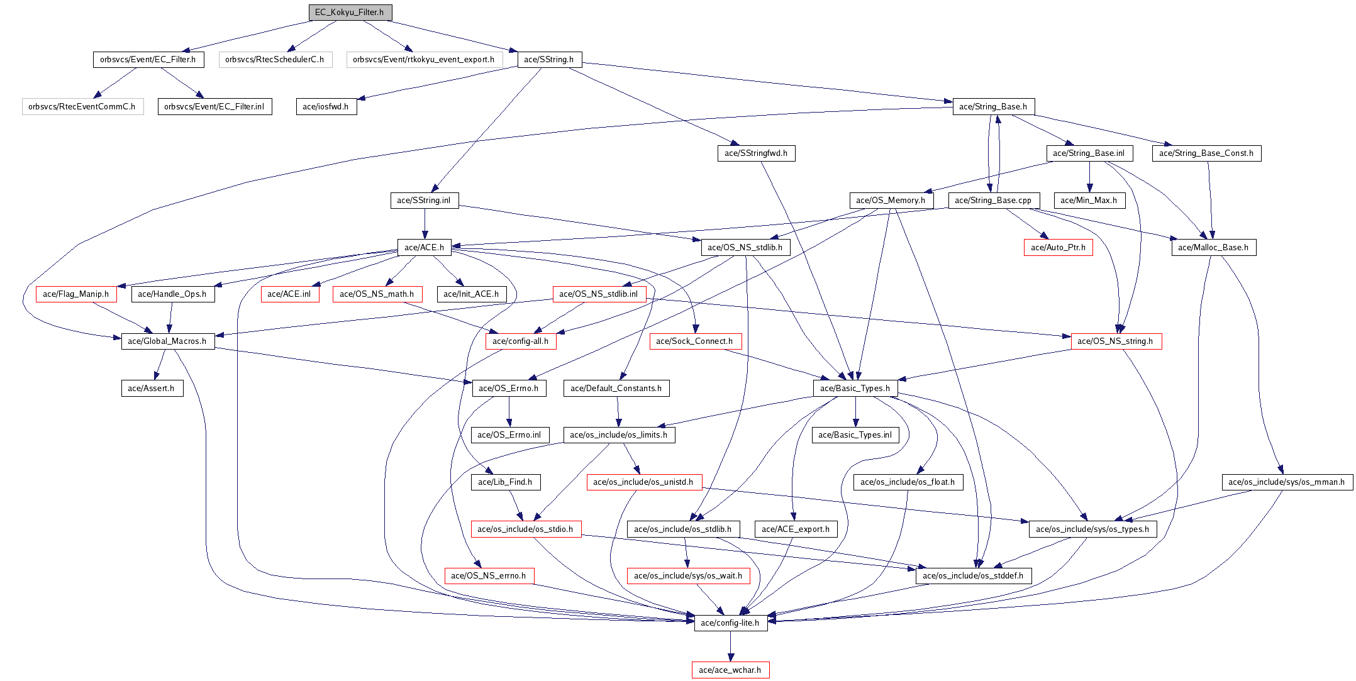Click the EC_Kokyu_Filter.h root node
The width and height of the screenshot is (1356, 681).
click(350, 12)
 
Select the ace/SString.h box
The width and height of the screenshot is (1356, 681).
click(549, 59)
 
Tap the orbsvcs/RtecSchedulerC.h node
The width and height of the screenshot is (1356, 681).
click(275, 59)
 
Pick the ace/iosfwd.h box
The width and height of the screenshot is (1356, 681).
click(326, 106)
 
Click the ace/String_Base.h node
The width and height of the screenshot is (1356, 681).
click(993, 106)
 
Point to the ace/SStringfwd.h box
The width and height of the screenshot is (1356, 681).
click(756, 153)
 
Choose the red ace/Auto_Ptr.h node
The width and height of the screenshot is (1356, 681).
click(1058, 247)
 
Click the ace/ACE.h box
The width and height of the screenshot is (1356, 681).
click(424, 247)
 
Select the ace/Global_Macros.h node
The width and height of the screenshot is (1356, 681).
click(167, 341)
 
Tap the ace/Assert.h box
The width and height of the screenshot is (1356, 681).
click(152, 388)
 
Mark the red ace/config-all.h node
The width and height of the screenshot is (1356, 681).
click(520, 341)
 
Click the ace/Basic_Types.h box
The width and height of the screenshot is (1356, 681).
click(855, 388)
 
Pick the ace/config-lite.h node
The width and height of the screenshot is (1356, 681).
click(730, 623)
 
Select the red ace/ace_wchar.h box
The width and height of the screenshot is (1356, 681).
click(730, 670)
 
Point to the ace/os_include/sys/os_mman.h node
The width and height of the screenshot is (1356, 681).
click(1286, 482)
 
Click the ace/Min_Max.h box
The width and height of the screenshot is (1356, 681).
click(1089, 200)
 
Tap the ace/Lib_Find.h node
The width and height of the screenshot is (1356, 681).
click(505, 482)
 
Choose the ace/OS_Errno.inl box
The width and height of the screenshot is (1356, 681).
click(509, 435)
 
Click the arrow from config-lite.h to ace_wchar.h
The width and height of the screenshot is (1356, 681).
click(730, 646)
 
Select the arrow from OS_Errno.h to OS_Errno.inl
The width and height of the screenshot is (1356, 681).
click(509, 411)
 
